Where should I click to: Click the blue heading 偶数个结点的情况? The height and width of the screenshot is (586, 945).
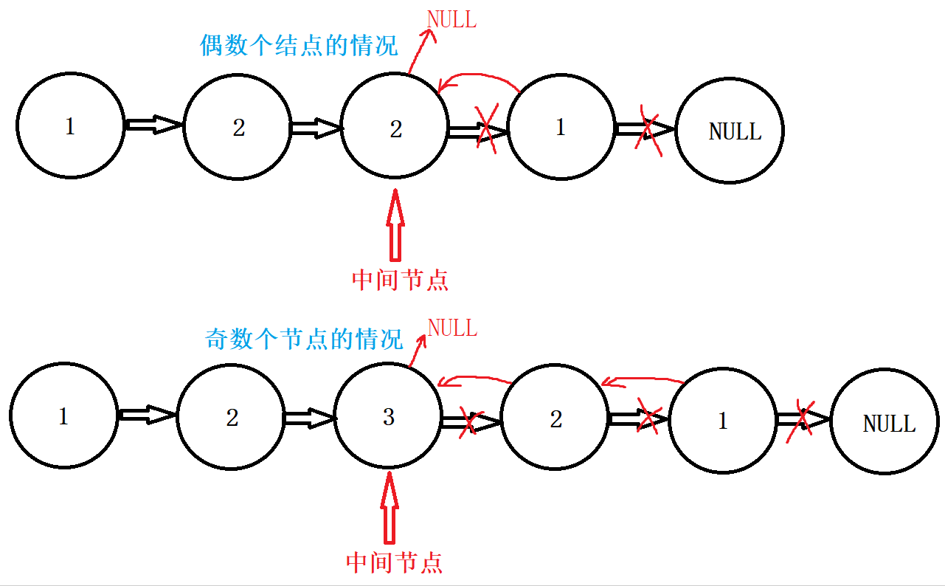299,46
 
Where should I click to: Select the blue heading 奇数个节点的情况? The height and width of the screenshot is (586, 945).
303,339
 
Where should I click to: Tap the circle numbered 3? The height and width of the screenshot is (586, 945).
389,417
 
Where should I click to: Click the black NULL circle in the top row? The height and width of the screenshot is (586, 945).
730,131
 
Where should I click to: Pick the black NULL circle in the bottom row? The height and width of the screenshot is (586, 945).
885,423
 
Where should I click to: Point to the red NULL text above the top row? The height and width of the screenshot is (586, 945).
451,20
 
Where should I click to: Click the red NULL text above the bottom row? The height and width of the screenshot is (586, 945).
452,327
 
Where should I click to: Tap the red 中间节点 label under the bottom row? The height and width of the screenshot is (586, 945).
394,562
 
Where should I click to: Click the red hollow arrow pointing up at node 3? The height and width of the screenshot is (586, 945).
389,509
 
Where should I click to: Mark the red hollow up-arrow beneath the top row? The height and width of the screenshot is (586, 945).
396,225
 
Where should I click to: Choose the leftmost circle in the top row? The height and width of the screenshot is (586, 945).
70,126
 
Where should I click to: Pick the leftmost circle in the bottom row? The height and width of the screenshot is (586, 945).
64,417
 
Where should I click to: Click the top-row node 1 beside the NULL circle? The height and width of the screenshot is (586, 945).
561,128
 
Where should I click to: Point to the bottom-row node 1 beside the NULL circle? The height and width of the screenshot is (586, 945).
722,421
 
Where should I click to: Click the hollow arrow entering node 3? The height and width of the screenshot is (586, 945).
310,418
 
